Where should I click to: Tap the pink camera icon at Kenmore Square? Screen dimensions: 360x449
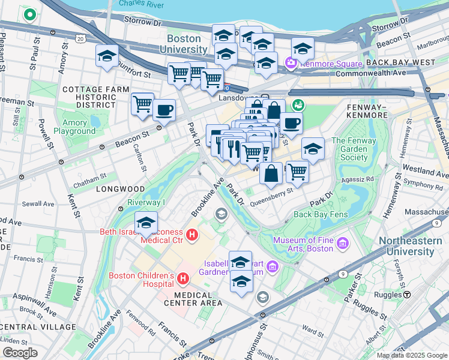point(291,62)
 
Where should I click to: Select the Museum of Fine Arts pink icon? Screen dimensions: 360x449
point(343,244)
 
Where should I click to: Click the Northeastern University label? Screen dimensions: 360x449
point(413,247)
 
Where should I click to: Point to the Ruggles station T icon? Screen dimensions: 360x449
point(407,295)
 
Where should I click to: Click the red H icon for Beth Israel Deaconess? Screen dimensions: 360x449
point(192,235)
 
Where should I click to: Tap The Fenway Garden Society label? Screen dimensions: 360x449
point(354,149)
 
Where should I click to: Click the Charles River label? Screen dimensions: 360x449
point(141,4)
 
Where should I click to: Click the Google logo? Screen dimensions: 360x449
point(20,353)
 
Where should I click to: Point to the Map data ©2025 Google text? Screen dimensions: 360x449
point(412,355)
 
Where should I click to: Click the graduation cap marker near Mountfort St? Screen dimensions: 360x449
point(107,56)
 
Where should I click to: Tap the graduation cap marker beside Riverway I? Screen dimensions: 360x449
point(146,222)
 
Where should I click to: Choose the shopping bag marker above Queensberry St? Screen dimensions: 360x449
point(271,173)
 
